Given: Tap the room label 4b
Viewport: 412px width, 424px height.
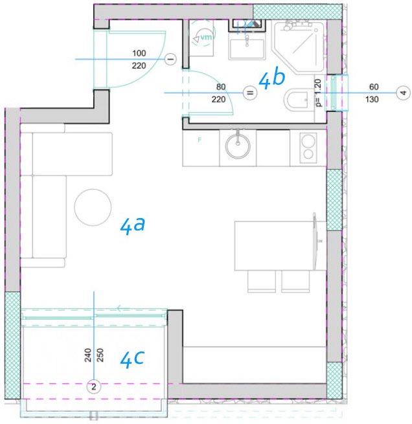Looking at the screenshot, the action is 271,78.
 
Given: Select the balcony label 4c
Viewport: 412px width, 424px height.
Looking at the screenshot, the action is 132,359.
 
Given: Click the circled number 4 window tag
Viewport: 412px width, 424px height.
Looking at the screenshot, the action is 403,93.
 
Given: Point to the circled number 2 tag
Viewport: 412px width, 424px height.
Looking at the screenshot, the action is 93,386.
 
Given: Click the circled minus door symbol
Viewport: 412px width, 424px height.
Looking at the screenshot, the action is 171,59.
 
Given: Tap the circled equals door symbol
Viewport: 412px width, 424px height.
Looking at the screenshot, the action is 250,93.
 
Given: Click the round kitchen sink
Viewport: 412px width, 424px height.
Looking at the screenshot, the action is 238,146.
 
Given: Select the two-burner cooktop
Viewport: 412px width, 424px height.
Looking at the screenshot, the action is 308,148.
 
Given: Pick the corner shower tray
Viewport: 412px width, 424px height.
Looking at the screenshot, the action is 299,47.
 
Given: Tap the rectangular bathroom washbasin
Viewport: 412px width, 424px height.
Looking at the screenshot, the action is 247,49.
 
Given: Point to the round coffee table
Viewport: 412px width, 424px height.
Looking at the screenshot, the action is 93,207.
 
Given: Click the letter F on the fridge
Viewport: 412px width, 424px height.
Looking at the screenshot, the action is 200,140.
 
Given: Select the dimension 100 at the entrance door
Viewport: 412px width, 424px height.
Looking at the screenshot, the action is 139,53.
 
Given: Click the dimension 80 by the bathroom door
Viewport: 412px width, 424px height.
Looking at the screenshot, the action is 221,87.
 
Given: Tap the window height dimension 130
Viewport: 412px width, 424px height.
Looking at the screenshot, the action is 372,100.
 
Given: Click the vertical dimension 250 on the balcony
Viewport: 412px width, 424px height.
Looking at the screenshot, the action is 100,355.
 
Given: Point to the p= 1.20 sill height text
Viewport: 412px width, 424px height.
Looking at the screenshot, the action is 319,93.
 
